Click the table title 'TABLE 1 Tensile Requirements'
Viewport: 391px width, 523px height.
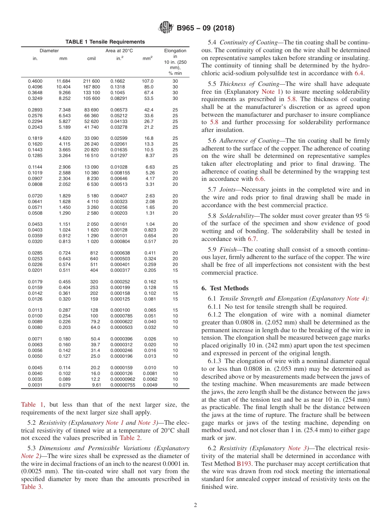pos(105,42)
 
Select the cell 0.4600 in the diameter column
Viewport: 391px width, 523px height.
pos(35,81)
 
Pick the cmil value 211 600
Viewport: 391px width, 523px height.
pos(91,81)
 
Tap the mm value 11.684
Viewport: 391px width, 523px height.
pos(63,81)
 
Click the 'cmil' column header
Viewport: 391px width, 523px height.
pos(91,58)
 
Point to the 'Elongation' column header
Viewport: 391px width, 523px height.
pos(175,51)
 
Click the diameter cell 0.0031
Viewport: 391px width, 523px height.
pos(35,385)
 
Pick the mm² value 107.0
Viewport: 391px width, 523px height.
pos(148,81)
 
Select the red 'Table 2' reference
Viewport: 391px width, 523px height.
pos(130,437)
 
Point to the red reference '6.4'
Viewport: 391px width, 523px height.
pos(359,73)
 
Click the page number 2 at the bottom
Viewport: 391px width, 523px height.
pos(195,505)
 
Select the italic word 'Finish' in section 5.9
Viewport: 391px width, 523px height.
pos(228,250)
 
